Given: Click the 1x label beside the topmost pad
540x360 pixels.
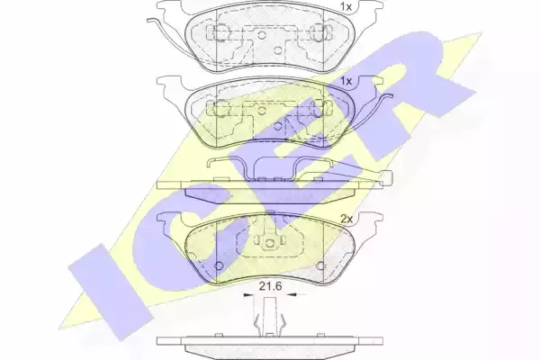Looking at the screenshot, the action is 346,6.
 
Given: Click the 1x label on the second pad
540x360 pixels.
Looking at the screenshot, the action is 346,81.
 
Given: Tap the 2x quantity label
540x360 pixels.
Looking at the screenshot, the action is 346,219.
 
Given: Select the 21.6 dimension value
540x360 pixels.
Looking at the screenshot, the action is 270,286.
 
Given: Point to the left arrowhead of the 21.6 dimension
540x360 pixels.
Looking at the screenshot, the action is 248,295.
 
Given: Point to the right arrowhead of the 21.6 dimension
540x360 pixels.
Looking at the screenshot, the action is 292,295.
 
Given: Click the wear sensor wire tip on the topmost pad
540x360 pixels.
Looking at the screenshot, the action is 149,21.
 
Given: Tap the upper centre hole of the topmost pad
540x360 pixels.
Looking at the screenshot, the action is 262,34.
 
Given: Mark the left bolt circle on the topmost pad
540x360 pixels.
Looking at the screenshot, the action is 219,31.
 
